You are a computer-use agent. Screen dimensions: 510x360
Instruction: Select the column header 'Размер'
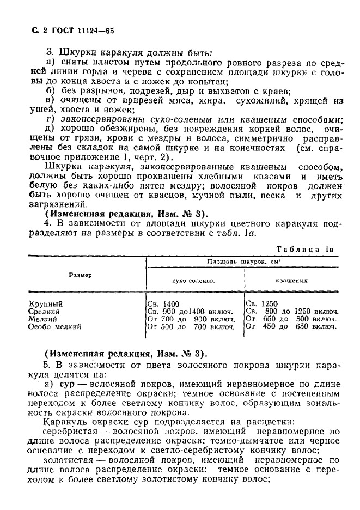click(80, 275)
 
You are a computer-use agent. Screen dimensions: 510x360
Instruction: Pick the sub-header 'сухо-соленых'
click(195, 281)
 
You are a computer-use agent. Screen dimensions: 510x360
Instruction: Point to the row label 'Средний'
click(45, 311)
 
